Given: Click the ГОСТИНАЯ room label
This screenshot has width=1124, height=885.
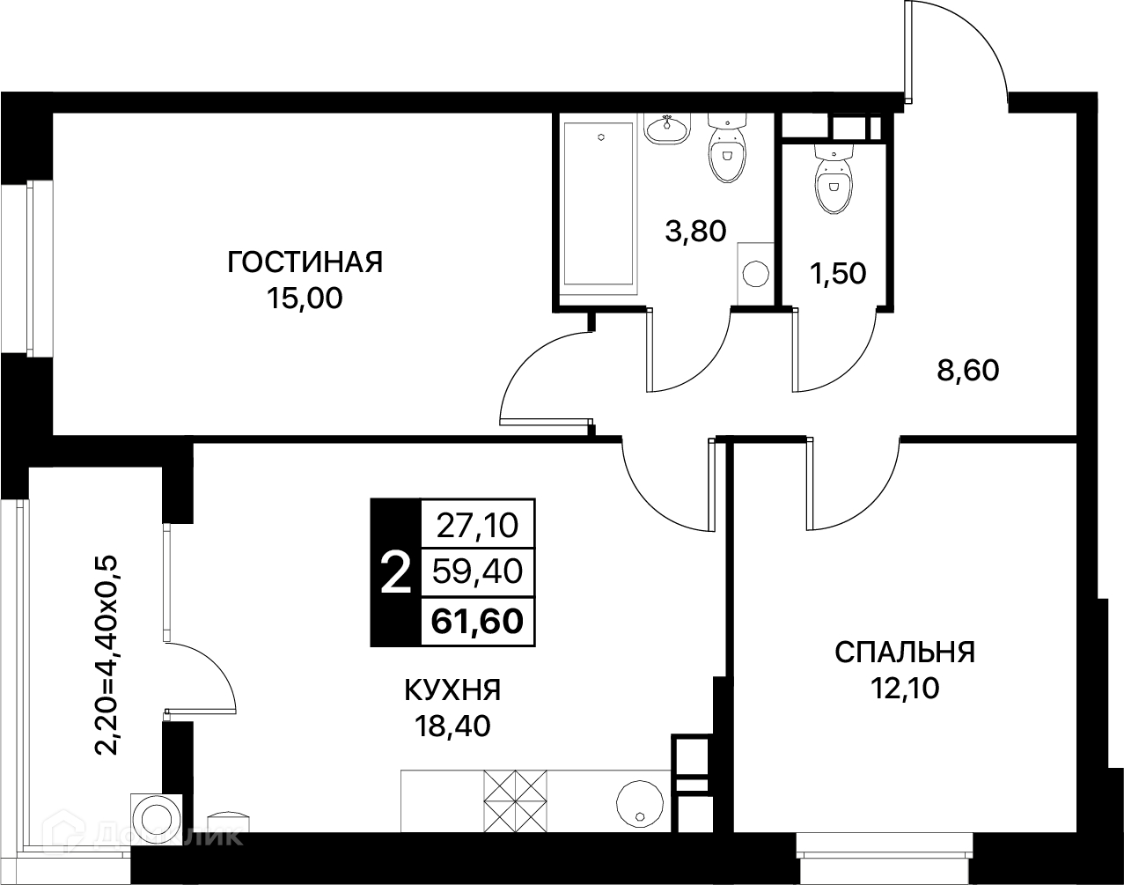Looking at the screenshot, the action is click(305, 262).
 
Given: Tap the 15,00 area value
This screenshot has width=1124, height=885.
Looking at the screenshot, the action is click(305, 299).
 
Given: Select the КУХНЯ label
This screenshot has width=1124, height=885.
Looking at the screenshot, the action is click(452, 690).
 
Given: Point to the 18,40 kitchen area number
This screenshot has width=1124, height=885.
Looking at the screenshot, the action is click(452, 726).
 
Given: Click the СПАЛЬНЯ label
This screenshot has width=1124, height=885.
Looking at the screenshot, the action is click(905, 653).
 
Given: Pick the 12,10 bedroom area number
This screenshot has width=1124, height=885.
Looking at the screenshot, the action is click(905, 688).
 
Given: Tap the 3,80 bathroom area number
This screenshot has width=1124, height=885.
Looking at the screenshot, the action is click(695, 231).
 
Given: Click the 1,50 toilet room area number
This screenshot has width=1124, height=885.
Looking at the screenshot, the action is click(838, 273).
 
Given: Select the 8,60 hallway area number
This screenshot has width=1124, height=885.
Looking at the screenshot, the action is click(968, 371).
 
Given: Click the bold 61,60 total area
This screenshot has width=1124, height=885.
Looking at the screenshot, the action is click(477, 622).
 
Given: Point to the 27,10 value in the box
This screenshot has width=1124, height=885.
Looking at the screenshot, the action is click(477, 526).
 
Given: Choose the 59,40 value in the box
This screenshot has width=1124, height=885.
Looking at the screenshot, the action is click(477, 572).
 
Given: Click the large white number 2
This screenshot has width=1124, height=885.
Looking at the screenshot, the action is click(395, 573).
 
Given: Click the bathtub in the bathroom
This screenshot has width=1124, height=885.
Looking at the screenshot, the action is click(599, 204).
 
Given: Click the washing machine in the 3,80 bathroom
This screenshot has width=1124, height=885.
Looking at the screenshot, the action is click(755, 273).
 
